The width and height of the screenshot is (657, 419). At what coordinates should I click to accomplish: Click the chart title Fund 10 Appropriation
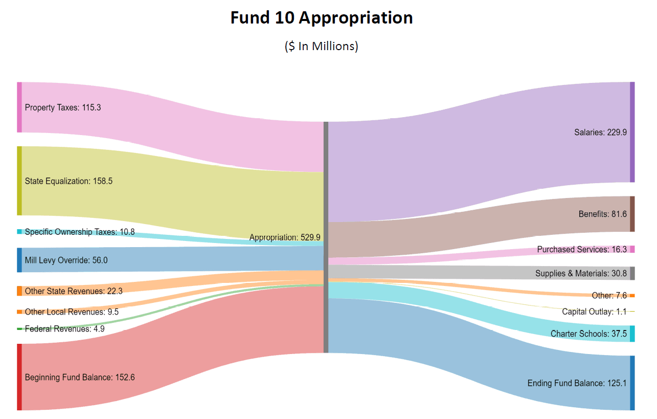point(321,18)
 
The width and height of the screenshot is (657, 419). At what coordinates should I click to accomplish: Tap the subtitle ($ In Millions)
point(321,46)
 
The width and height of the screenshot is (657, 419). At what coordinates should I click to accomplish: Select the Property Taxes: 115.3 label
point(63,108)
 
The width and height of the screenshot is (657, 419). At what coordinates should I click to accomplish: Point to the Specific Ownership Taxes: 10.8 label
point(80,232)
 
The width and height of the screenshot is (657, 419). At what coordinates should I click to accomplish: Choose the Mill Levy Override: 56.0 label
point(66,260)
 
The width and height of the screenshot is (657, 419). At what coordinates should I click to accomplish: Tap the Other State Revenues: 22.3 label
point(74,291)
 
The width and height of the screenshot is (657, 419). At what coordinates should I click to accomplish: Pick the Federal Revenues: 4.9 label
point(64,329)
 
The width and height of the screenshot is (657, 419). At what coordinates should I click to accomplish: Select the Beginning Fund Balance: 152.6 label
point(80,378)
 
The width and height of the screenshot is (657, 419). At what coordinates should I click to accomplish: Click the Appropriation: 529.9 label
point(285,237)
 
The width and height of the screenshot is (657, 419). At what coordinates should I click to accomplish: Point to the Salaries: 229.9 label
point(600,132)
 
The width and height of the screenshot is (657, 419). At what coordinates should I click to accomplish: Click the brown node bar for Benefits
point(632,214)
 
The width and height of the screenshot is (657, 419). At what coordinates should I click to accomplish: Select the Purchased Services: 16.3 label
point(582,250)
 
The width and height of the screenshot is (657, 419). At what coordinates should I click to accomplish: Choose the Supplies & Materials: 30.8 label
point(581,274)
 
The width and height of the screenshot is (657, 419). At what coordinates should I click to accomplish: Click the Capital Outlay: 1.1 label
point(594,312)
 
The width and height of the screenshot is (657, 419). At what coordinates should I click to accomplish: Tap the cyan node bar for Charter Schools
point(632,334)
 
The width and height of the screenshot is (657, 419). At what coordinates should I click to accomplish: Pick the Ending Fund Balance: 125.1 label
point(577,383)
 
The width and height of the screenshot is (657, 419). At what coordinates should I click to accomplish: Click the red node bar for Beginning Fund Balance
point(19,377)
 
